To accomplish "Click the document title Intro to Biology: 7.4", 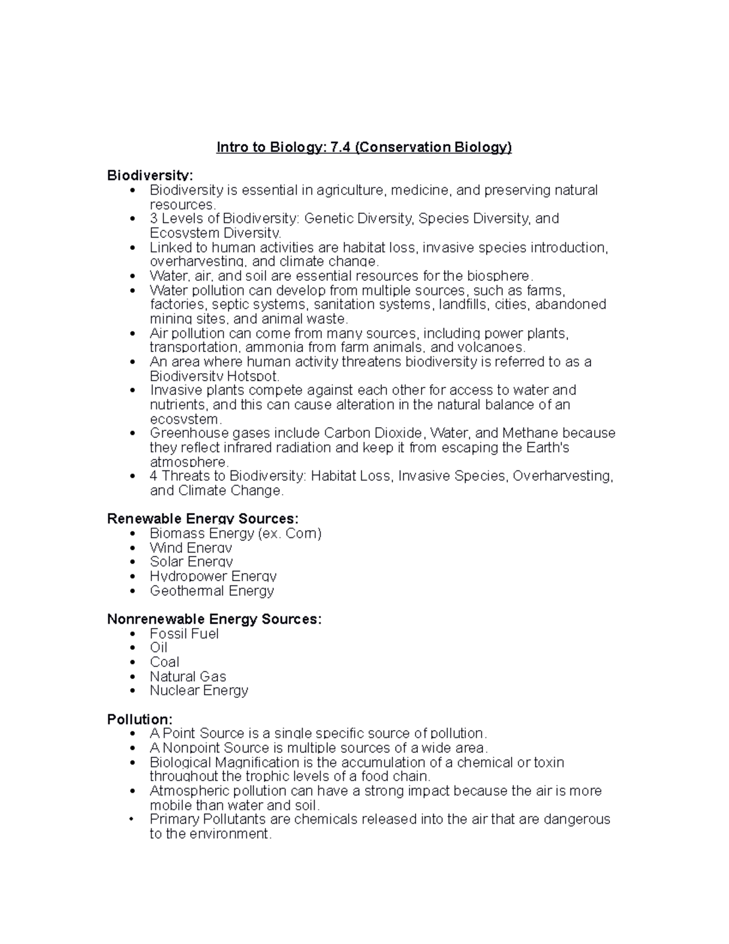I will click(x=364, y=148).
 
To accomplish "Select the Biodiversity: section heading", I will click(x=150, y=176).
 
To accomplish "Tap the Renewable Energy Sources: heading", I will click(x=202, y=519).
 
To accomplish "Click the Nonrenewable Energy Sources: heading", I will click(x=214, y=619).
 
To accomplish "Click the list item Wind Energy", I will click(x=191, y=547).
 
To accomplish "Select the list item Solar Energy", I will click(x=191, y=562).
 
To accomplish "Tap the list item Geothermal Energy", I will click(x=211, y=591).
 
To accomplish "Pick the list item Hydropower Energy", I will click(x=213, y=576).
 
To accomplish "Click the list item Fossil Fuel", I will click(x=184, y=633).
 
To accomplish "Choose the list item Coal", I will click(x=165, y=662).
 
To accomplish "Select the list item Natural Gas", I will click(x=188, y=677).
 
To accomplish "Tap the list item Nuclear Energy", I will click(x=199, y=691).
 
